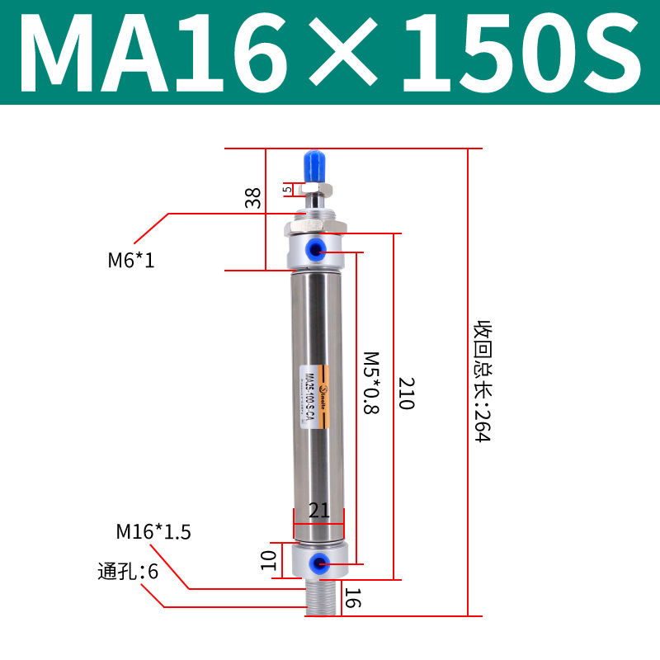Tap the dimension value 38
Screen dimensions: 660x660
tap(253, 197)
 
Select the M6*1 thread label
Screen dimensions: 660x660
tap(131, 262)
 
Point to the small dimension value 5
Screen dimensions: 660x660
tap(287, 189)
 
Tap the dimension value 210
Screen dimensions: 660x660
tap(406, 395)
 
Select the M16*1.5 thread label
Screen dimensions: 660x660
tap(153, 532)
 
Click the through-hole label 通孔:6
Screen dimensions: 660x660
tap(127, 571)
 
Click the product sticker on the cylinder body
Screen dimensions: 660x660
tap(313, 399)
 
